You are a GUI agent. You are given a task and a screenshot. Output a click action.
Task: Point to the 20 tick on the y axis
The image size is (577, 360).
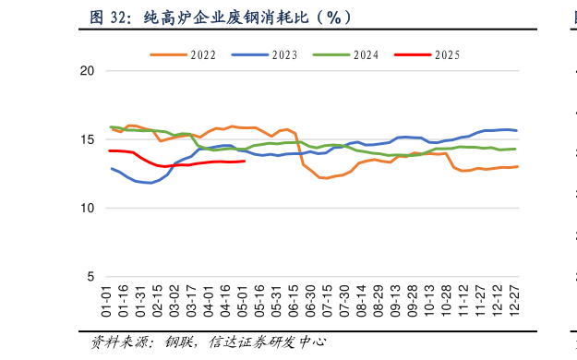[87, 71]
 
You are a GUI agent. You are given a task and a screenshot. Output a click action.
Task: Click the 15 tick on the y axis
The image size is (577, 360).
[87, 140]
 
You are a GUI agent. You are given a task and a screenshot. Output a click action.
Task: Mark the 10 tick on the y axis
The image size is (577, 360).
[87, 209]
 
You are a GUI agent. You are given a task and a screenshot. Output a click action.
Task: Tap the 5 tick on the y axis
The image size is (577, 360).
[90, 277]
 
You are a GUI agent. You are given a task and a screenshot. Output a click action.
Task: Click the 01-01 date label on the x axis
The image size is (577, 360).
[107, 301]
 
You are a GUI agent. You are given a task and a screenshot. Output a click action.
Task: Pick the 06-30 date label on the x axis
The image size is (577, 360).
[310, 301]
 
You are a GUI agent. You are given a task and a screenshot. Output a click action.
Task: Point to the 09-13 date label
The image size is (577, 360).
[395, 301]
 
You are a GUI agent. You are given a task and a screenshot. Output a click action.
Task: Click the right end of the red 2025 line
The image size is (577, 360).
[245, 161]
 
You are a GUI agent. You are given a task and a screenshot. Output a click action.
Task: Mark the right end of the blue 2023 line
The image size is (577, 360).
[516, 130]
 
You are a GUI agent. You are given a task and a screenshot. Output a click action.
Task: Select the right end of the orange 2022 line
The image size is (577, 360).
[517, 166]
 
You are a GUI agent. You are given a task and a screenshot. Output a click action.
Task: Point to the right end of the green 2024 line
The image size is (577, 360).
[515, 149]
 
